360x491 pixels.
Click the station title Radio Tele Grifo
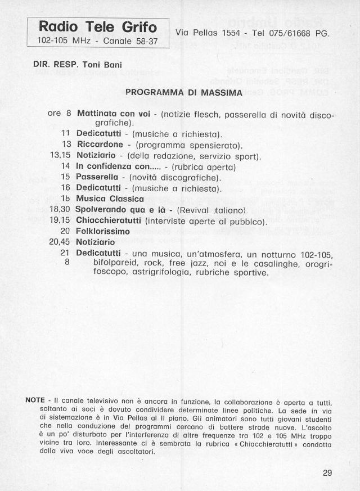click(x=98, y=27)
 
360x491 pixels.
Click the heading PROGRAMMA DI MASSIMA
click(x=183, y=92)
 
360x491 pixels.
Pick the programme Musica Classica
click(x=110, y=199)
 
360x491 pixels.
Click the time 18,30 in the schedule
click(x=60, y=209)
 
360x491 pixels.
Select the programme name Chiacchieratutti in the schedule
click(x=109, y=220)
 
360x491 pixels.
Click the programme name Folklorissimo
click(x=103, y=231)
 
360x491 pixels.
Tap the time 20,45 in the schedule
click(x=60, y=242)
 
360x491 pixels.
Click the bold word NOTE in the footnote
click(x=35, y=400)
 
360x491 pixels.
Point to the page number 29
click(x=327, y=473)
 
